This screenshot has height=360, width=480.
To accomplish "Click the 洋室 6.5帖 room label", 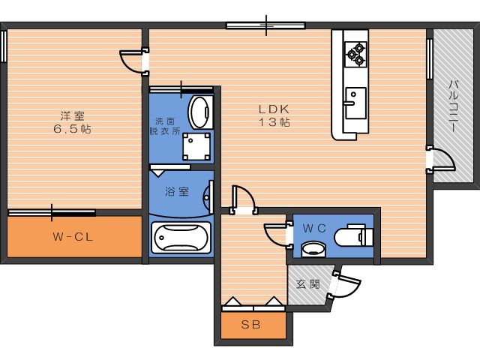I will tap(73, 121).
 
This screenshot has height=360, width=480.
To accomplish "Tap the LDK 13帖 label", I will tap(274, 115).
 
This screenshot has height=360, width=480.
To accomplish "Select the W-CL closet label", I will tap(73, 238).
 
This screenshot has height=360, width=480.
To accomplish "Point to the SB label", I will tap(253, 325).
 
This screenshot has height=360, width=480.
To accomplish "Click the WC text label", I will tap(313, 226).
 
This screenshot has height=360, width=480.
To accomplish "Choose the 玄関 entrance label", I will tap(308, 284).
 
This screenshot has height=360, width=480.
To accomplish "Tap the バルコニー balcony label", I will tap(454, 106).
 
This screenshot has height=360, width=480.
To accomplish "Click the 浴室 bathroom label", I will tap(177, 191).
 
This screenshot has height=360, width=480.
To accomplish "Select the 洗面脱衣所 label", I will tap(167, 125).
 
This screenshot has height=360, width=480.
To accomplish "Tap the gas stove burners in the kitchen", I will tap(355, 52).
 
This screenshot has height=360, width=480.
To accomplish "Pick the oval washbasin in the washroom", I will tap(199, 112).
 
